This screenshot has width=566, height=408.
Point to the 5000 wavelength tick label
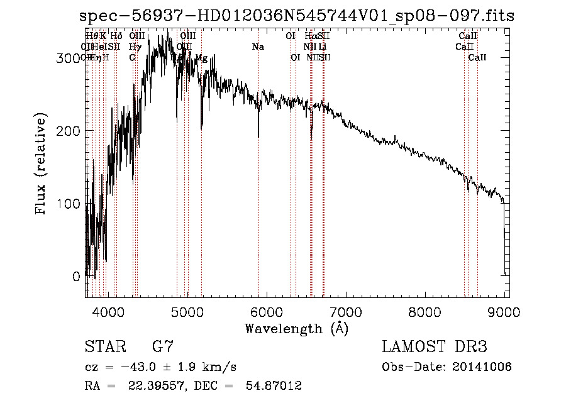coord(187,312)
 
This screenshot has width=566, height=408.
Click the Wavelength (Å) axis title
coord(296,328)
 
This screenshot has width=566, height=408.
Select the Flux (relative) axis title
coord(42,165)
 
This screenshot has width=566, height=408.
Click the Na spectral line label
coord(258,47)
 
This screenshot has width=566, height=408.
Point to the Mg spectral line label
coord(201,58)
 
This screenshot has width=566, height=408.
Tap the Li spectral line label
coord(322,47)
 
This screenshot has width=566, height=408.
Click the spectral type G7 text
coord(162,347)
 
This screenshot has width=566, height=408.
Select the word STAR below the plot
coord(105,347)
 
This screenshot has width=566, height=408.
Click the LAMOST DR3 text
coord(435,347)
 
